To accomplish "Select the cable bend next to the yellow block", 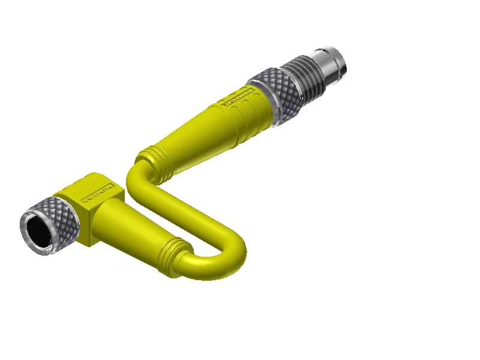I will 136,180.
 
